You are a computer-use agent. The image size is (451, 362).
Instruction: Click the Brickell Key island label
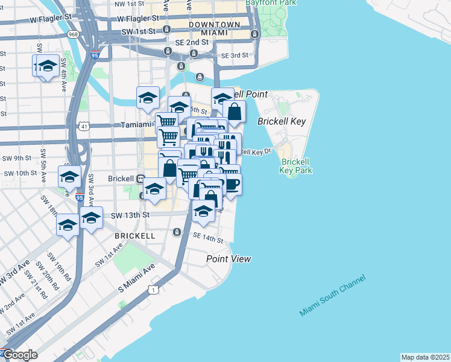(282, 121)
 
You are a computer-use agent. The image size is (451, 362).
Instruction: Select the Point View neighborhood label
(229, 259)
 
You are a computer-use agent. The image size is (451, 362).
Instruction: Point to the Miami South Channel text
(332, 296)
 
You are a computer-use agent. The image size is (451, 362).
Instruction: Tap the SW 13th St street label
(130, 214)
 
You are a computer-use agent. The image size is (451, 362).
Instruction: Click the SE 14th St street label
(207, 240)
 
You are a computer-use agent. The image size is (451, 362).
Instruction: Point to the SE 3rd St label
(235, 56)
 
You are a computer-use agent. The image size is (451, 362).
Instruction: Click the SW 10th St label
(20, 173)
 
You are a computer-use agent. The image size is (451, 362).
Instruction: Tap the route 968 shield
(73, 36)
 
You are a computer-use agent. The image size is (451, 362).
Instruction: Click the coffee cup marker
(232, 183)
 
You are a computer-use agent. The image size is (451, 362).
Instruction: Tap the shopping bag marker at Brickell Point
(234, 112)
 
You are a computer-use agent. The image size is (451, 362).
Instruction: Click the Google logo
(19, 355)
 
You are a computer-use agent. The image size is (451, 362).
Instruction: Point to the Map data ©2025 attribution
(426, 357)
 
